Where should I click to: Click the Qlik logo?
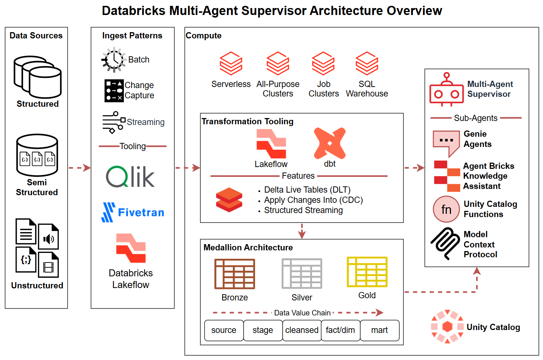coord(130,177)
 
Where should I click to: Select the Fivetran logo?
coord(133,212)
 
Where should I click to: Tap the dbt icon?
coord(330,143)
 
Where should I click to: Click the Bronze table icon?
coord(235,274)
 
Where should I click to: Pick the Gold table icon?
coord(367,272)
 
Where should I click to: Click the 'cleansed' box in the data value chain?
coord(302,330)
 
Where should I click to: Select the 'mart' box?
coord(379,330)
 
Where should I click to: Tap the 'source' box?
coord(224,330)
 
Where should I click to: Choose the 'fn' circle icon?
coord(446,209)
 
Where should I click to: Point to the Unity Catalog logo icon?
coord(447,327)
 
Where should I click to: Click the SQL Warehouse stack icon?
coord(367,64)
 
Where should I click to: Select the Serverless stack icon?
coord(231,64)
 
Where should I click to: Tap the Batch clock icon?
coord(114,60)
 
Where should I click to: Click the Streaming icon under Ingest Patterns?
coord(114,122)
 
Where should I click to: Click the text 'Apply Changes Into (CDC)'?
coord(313,200)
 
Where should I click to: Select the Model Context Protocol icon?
coord(445,243)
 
